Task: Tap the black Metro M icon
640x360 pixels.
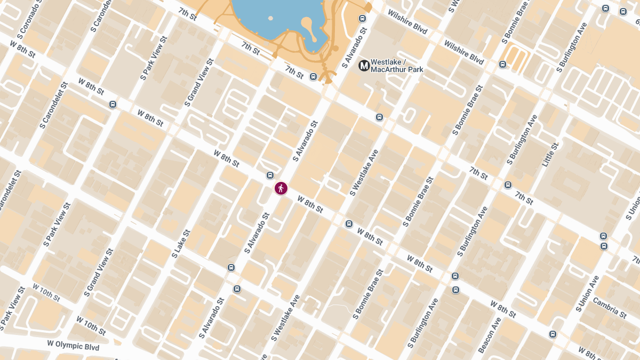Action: (x=364, y=66)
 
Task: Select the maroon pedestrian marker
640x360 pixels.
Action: (x=281, y=188)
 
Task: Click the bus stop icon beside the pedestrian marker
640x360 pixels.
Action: (x=270, y=175)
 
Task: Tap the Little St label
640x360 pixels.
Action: (x=550, y=155)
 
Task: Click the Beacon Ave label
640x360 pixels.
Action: (x=490, y=335)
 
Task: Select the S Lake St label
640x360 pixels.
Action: (x=181, y=244)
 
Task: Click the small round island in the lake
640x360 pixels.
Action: (x=270, y=18)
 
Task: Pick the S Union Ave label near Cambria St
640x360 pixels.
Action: (x=587, y=293)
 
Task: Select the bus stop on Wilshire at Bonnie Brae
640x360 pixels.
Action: (x=502, y=65)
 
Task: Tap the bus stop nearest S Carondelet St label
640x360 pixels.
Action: (x=113, y=104)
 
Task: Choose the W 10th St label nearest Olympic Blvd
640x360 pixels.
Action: (x=91, y=326)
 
